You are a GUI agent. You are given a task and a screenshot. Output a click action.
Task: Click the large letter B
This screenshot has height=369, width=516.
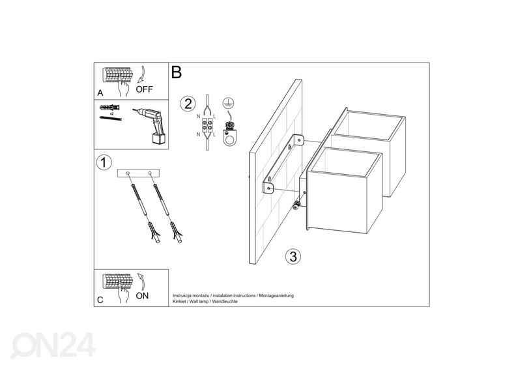tap(176, 72)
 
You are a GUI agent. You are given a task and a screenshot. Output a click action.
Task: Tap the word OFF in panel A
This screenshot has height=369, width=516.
tap(145, 90)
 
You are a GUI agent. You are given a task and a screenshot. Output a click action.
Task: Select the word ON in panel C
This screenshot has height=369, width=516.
tap(143, 295)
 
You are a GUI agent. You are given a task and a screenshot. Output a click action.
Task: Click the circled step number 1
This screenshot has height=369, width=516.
tap(102, 162)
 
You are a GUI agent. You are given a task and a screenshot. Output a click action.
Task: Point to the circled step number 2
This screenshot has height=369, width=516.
tap(188, 104)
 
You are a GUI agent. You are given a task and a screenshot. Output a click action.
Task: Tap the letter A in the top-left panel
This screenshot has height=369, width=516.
tap(100, 93)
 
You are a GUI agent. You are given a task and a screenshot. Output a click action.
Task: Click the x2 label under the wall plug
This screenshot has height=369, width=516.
tap(112, 113)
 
